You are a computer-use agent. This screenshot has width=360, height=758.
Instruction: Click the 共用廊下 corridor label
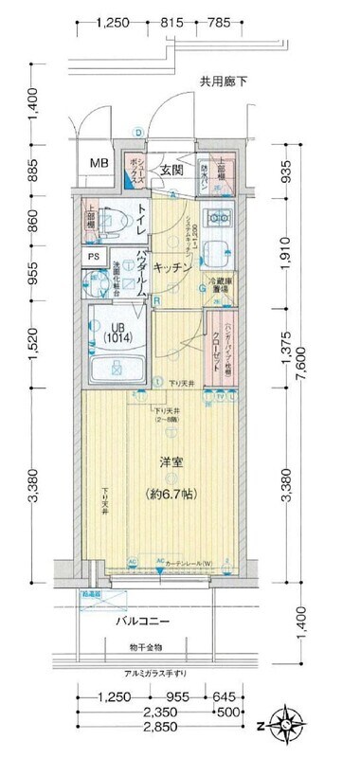(223, 81)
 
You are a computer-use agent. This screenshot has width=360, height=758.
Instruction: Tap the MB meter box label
(99, 163)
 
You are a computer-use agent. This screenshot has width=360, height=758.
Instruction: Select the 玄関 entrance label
(171, 171)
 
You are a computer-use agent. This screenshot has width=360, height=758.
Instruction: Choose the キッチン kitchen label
(173, 268)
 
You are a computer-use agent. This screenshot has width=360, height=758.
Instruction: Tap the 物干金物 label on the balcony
(147, 648)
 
